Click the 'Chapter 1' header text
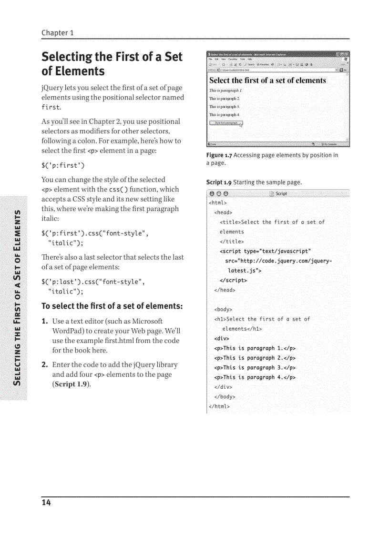tap(57, 33)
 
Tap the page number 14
tap(46, 503)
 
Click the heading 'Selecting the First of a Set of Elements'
tap(112, 64)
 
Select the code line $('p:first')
tap(63, 166)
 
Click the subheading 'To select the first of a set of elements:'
tap(112, 306)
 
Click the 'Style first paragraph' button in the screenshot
tap(226, 123)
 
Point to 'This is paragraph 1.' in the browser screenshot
tap(226, 91)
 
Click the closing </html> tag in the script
tap(219, 406)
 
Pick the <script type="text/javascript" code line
tap(265, 251)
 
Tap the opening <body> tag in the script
tap(223, 309)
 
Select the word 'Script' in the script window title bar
tap(281, 193)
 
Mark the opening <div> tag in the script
tap(221, 338)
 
